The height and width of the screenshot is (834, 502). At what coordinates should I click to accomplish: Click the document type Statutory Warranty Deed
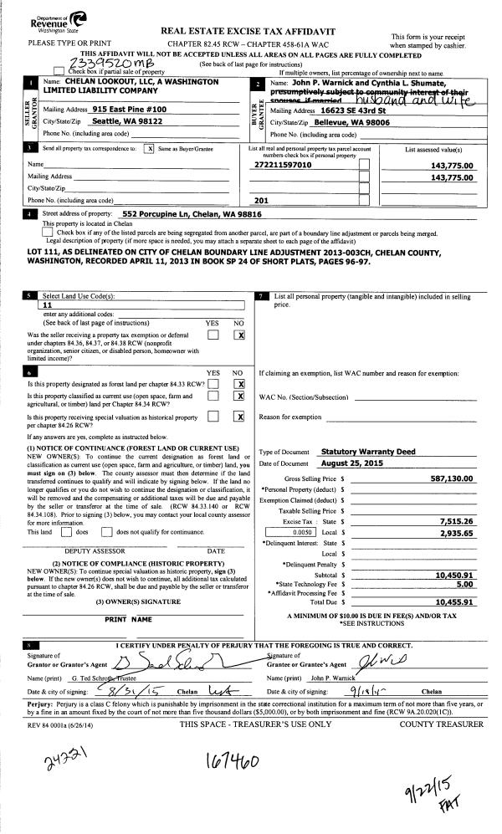coord(368,452)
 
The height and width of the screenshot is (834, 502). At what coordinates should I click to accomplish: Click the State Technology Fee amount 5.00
coord(465,585)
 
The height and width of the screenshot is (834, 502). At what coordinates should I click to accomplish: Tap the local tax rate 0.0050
coord(302,532)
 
